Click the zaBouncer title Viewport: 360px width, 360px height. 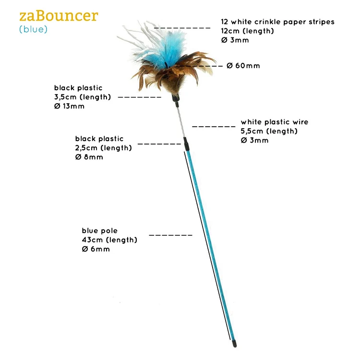tap(59, 16)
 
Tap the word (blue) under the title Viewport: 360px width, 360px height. tap(34, 30)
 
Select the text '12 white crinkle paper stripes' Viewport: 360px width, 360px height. tap(277, 22)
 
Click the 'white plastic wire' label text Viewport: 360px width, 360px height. tap(275, 122)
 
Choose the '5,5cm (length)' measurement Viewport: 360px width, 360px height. tap(269, 131)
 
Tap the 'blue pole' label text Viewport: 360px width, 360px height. tap(99, 230)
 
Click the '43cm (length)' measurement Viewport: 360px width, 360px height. tap(109, 240)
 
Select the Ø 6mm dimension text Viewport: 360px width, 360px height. tap(96, 249)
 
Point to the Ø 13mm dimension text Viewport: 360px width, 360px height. tap(69, 106)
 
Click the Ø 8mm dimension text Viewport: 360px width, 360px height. tap(89, 157)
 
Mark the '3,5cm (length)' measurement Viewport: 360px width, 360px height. tap(83, 97)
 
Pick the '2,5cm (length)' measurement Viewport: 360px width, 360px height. tap(103, 148)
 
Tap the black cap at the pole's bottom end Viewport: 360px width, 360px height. tap(234, 344)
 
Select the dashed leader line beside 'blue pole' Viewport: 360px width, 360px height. tap(171, 235)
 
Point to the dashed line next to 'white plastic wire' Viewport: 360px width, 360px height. tap(214, 127)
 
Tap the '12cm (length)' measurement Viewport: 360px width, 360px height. tap(247, 31)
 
